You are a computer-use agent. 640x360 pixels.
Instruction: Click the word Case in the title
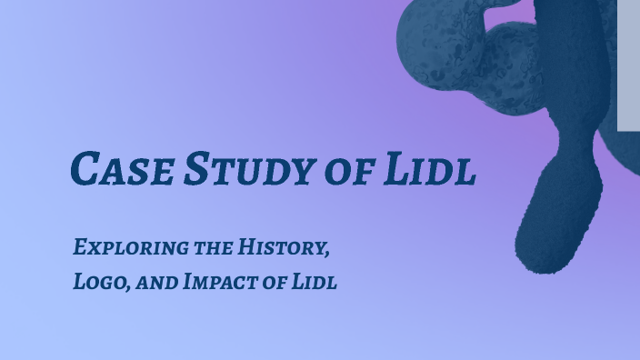click(x=122, y=169)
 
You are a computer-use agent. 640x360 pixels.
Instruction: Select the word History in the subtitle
click(x=282, y=246)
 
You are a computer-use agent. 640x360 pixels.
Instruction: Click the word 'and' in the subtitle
click(x=158, y=283)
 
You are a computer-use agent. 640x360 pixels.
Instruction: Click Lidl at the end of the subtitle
click(x=315, y=282)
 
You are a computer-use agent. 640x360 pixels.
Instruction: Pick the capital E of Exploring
click(x=80, y=246)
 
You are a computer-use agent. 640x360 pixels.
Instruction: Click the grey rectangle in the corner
click(x=628, y=64)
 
